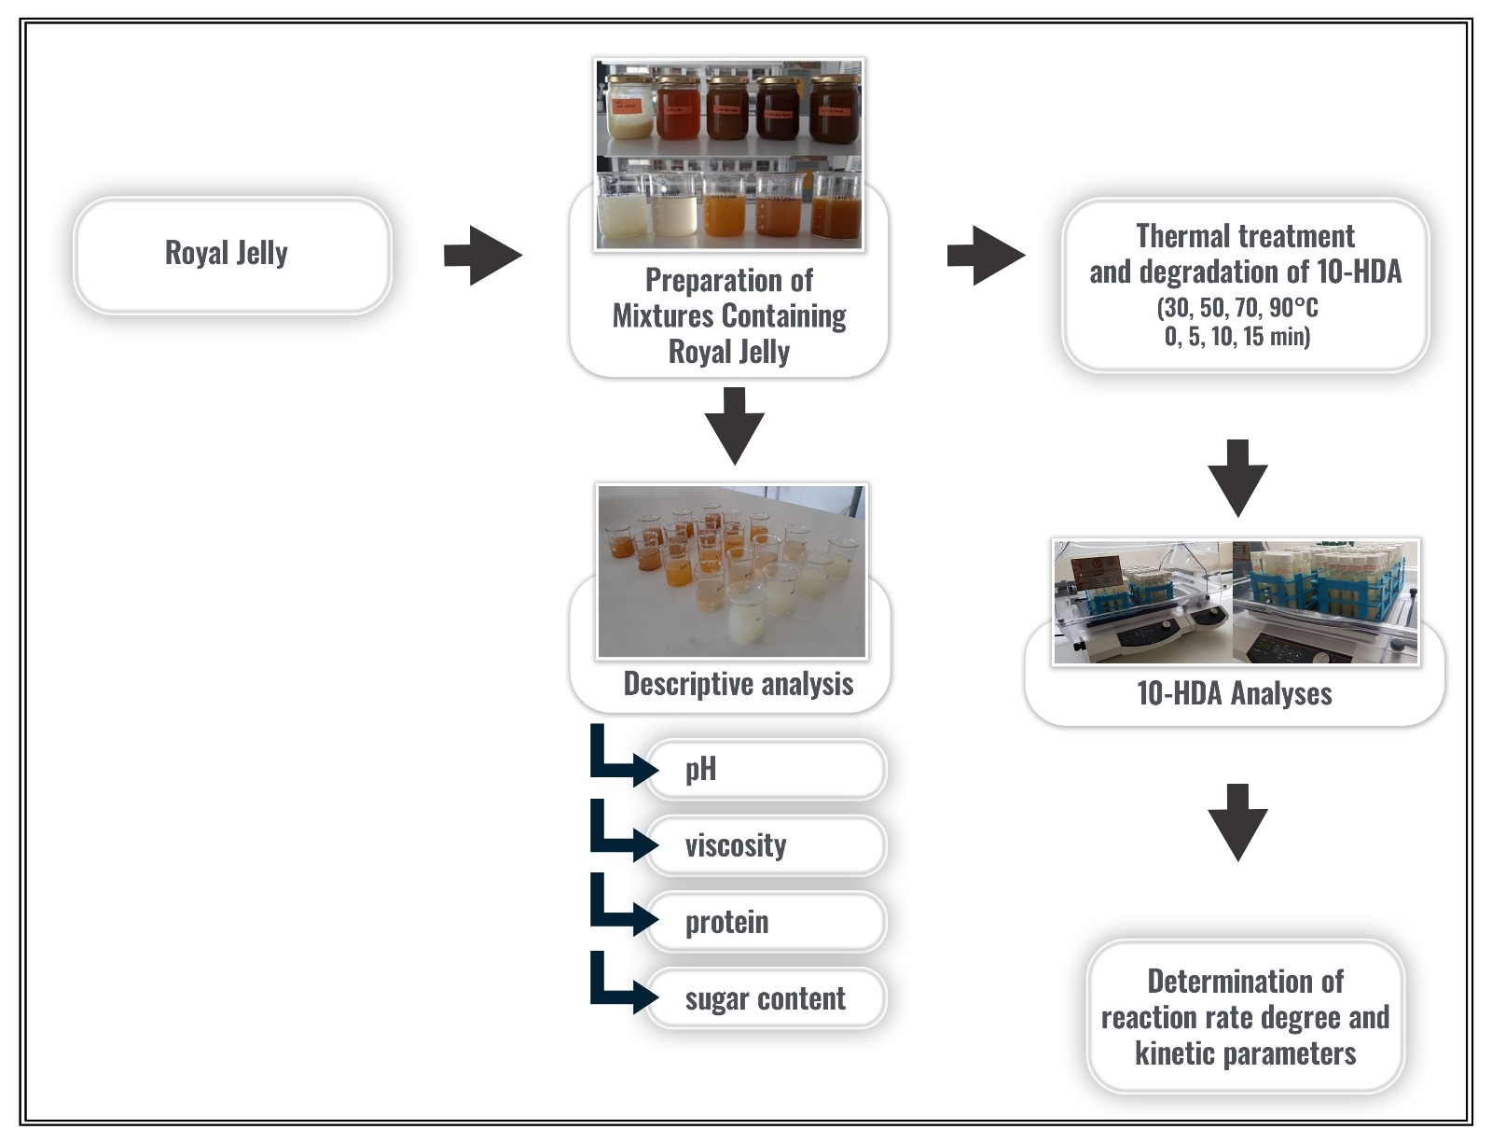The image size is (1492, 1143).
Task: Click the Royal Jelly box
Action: click(x=232, y=254)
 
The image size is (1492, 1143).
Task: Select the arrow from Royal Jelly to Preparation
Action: click(x=482, y=255)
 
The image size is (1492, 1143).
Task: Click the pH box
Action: click(x=765, y=770)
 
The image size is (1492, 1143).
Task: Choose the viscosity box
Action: click(x=765, y=846)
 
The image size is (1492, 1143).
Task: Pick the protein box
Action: click(x=765, y=923)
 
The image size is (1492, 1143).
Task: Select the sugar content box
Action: click(x=765, y=999)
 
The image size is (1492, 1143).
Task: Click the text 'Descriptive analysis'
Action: click(x=738, y=684)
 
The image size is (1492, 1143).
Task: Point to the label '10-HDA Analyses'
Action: click(x=1234, y=694)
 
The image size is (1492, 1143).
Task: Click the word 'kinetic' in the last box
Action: click(x=1174, y=1053)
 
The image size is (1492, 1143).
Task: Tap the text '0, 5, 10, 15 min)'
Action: click(x=1236, y=337)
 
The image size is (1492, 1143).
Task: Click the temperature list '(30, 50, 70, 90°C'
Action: click(x=1237, y=308)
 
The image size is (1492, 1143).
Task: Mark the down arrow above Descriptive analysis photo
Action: click(x=734, y=425)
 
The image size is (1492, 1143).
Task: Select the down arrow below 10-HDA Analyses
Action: click(x=1237, y=822)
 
